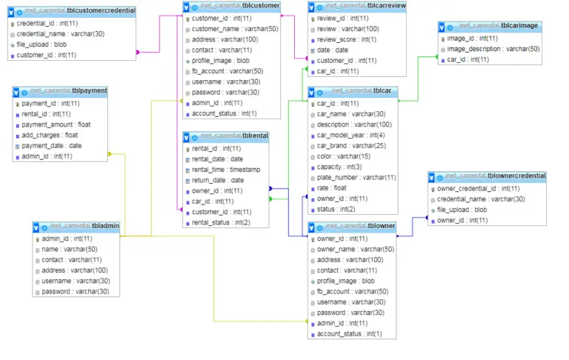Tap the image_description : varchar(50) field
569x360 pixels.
tap(493, 49)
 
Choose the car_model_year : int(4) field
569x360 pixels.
tap(352, 136)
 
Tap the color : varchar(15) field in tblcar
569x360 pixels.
tap(344, 156)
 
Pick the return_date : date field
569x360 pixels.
tap(218, 180)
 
